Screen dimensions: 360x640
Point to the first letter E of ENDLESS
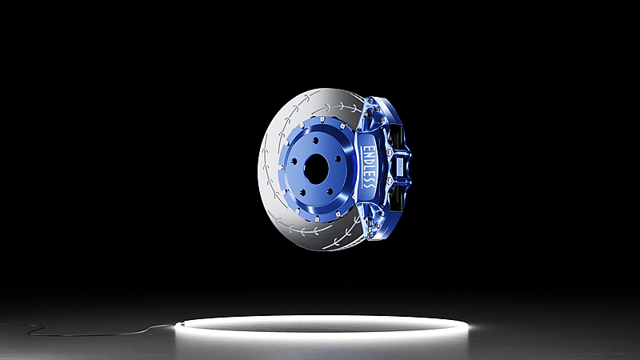pos(367,150)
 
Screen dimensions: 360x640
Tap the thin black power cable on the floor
pos(88,333)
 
